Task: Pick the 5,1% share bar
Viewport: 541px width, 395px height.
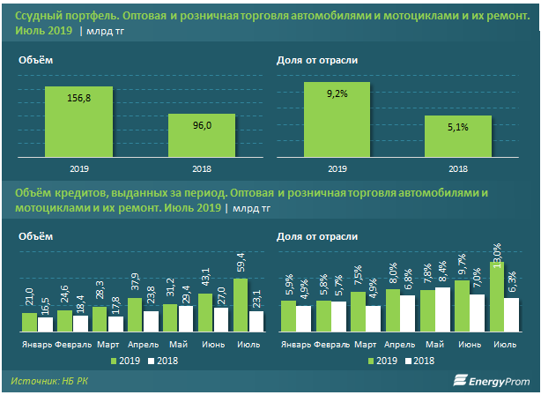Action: pyautogui.click(x=457, y=136)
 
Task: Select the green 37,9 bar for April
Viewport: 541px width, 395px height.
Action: pyautogui.click(x=135, y=314)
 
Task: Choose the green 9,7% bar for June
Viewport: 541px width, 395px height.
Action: pyautogui.click(x=462, y=305)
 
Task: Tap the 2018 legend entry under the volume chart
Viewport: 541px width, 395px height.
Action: pyautogui.click(x=162, y=361)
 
